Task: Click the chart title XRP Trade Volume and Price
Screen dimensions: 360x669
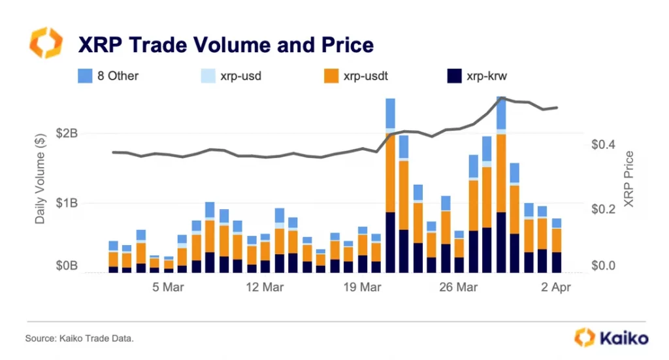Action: click(x=225, y=44)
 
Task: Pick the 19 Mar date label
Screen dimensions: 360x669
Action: click(x=361, y=287)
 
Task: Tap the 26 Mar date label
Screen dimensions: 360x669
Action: click(x=458, y=287)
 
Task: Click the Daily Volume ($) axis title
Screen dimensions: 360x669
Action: click(x=40, y=180)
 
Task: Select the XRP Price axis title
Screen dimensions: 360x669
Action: click(x=629, y=179)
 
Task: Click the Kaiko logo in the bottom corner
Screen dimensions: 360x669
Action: click(x=612, y=338)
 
